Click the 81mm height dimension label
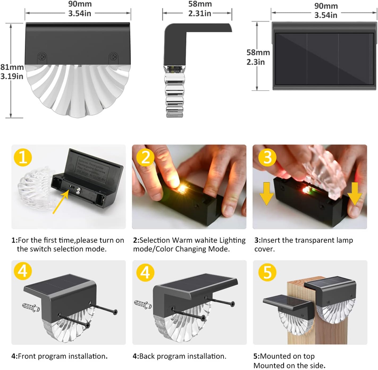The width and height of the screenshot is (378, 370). tap(12, 67)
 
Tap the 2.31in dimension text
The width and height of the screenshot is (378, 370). tap(200, 14)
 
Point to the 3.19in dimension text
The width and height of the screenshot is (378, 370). tap(12, 76)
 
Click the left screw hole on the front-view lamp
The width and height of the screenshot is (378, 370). tap(42, 57)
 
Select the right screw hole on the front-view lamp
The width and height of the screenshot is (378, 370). tap(113, 57)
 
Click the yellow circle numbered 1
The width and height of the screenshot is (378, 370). tap(23, 157)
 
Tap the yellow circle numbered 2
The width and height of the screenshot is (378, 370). tap(145, 157)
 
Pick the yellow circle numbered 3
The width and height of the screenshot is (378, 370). tap(267, 157)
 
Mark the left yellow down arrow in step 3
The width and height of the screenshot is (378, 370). tap(267, 194)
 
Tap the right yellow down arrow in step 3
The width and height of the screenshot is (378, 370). tap(355, 194)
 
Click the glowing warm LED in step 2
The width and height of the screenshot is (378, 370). tap(182, 188)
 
